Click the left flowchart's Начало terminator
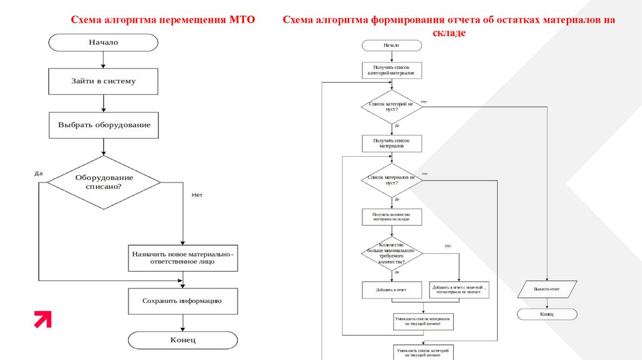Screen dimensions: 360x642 tap(103, 43)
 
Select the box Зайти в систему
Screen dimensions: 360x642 tap(103, 81)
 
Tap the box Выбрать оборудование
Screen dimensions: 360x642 tap(104, 125)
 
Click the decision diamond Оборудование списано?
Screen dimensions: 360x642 tap(104, 182)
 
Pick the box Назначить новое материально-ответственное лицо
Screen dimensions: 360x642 tap(182, 258)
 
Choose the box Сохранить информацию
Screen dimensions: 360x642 tap(182, 301)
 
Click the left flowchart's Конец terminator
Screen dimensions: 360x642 tap(183, 340)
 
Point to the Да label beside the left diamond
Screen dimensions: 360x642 tap(39, 173)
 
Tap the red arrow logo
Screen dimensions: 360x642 tap(43, 319)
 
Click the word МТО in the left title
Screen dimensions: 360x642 tap(242, 20)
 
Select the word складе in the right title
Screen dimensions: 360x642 tap(448, 33)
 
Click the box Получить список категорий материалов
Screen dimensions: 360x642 tap(392, 70)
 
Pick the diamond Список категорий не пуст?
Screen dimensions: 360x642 tap(392, 107)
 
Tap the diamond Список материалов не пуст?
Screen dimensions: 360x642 tap(392, 180)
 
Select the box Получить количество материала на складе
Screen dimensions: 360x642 tap(392, 217)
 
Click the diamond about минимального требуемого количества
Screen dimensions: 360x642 tap(392, 253)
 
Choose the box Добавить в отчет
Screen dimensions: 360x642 tap(392, 290)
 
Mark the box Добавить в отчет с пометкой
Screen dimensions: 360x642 tap(460, 290)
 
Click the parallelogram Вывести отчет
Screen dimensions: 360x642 tap(547, 290)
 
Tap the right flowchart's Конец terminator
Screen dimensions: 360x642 tap(547, 314)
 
